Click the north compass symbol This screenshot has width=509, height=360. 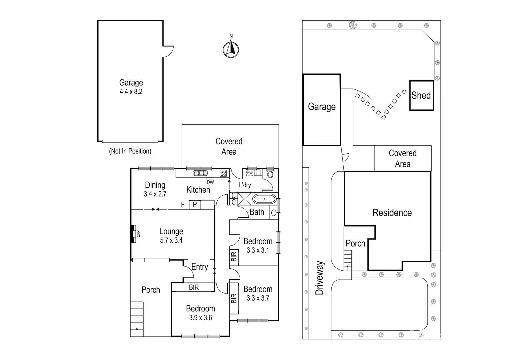tap(231, 49)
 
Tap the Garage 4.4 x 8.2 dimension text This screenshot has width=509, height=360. tap(131, 92)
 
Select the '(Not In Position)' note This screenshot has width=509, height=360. tap(130, 151)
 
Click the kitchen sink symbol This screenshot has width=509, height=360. tap(200, 173)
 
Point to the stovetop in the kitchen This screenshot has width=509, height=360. tap(223, 173)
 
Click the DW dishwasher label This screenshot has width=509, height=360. tap(210, 182)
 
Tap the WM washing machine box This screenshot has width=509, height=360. tap(249, 173)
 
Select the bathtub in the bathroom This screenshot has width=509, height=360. tap(264, 199)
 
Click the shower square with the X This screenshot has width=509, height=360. tap(244, 199)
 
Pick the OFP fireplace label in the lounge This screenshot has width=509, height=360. tap(138, 234)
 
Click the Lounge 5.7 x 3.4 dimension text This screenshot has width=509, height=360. tap(171, 240)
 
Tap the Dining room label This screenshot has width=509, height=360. tap(155, 185)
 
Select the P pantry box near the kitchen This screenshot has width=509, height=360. tap(195, 204)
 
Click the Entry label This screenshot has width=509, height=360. tap(199, 267)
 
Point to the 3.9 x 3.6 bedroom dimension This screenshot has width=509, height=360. tap(200, 318)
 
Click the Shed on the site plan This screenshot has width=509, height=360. tap(421, 95)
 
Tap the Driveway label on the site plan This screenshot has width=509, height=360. tap(320, 278)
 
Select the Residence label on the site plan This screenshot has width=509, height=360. tap(392, 213)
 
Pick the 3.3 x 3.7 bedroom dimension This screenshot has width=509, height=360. tap(258, 298)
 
